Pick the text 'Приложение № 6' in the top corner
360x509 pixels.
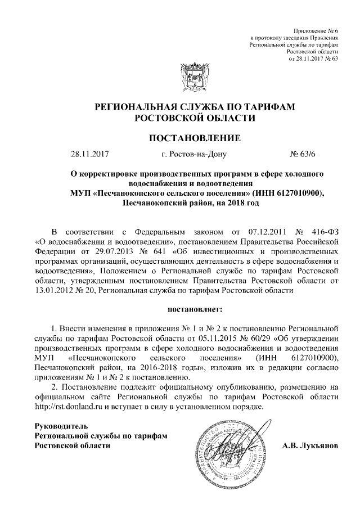(316, 29)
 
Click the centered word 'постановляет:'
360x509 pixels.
(195, 309)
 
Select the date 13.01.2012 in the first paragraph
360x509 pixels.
(55, 290)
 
